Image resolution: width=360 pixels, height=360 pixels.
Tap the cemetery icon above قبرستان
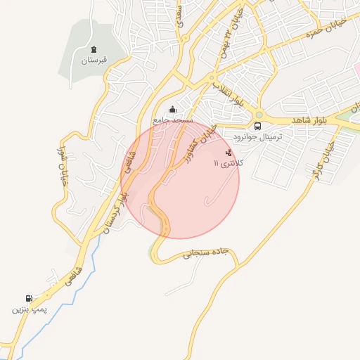94,49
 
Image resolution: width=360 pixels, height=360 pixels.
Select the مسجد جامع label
174,120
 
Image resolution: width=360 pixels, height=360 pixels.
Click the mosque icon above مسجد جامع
173,109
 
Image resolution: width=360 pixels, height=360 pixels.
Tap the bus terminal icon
258,127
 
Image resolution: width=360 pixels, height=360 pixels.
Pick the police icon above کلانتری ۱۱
228,152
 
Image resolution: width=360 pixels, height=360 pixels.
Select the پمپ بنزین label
27,309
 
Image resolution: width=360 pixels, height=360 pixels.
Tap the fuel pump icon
28,298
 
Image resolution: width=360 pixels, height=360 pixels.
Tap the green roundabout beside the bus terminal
259,115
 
